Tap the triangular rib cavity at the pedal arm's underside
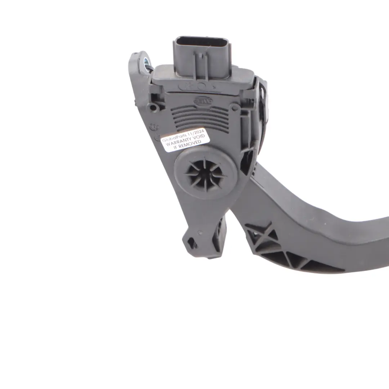(285, 260)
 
